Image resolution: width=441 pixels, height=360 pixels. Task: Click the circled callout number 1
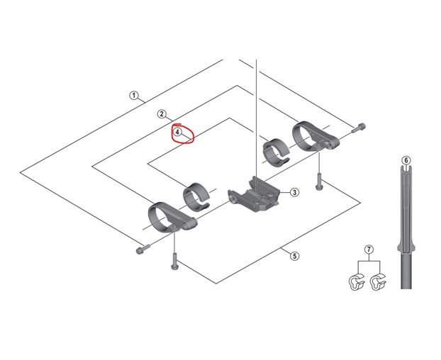pyautogui.click(x=133, y=96)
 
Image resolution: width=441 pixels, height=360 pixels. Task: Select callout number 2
pyautogui.click(x=162, y=114)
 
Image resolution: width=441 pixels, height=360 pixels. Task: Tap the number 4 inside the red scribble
pyautogui.click(x=178, y=132)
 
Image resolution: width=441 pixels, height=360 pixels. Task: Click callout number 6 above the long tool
pyautogui.click(x=405, y=159)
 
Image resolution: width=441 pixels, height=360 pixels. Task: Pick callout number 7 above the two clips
pyautogui.click(x=368, y=249)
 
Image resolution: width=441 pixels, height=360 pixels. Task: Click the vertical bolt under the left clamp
pyautogui.click(x=174, y=261)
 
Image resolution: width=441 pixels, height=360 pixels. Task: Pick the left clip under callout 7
pyautogui.click(x=355, y=282)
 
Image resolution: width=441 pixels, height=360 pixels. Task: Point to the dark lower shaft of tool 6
pyautogui.click(x=406, y=269)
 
